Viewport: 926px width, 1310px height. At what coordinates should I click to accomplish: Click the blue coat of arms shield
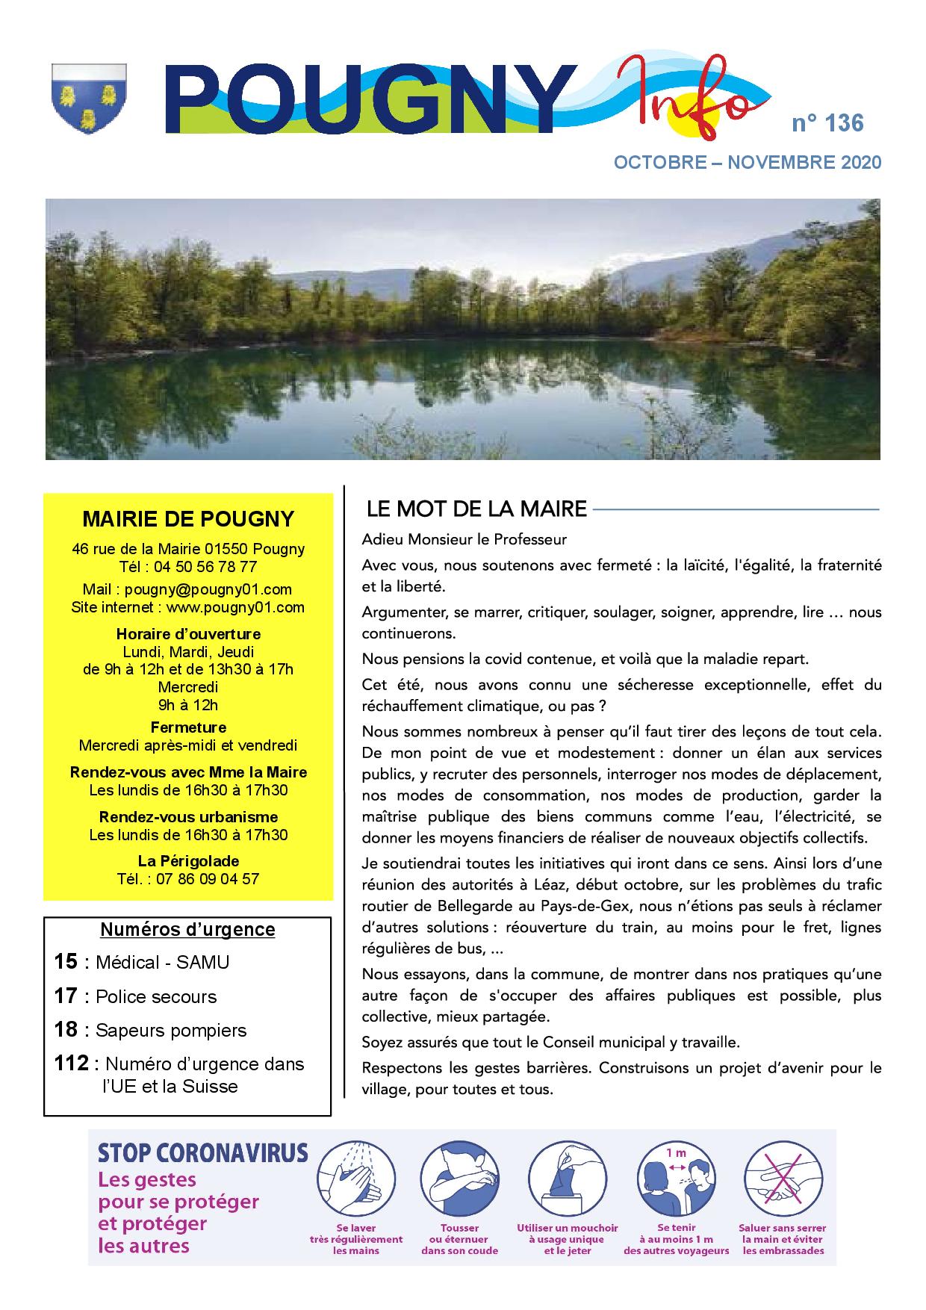[88, 98]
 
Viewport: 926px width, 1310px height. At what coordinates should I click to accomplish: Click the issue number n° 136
[827, 123]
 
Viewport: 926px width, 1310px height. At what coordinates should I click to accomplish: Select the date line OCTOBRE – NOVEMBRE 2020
[747, 163]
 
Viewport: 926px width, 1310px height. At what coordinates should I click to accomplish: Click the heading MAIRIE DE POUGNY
[188, 518]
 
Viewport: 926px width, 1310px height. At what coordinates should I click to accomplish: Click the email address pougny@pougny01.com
[208, 589]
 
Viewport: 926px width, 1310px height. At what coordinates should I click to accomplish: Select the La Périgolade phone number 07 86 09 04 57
[208, 878]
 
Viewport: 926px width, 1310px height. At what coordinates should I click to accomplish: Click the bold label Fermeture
[188, 727]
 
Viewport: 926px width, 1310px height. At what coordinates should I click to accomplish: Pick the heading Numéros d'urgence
[187, 929]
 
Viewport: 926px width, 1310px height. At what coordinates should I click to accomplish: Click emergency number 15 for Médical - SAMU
[66, 962]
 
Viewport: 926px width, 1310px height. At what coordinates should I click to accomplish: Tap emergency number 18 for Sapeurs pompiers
[66, 1030]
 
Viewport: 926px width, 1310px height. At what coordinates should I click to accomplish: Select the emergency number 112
[72, 1063]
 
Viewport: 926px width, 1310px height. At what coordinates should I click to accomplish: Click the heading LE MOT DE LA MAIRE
[476, 509]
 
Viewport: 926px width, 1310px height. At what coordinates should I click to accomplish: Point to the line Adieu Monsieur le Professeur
[464, 539]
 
